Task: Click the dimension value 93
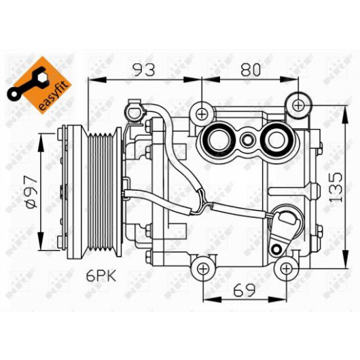click(145, 69)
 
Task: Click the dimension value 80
click(251, 69)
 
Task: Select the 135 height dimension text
click(336, 187)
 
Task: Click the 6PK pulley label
click(101, 276)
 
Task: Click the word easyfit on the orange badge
click(54, 96)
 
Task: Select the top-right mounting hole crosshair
click(298, 105)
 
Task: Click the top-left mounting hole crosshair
click(202, 114)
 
